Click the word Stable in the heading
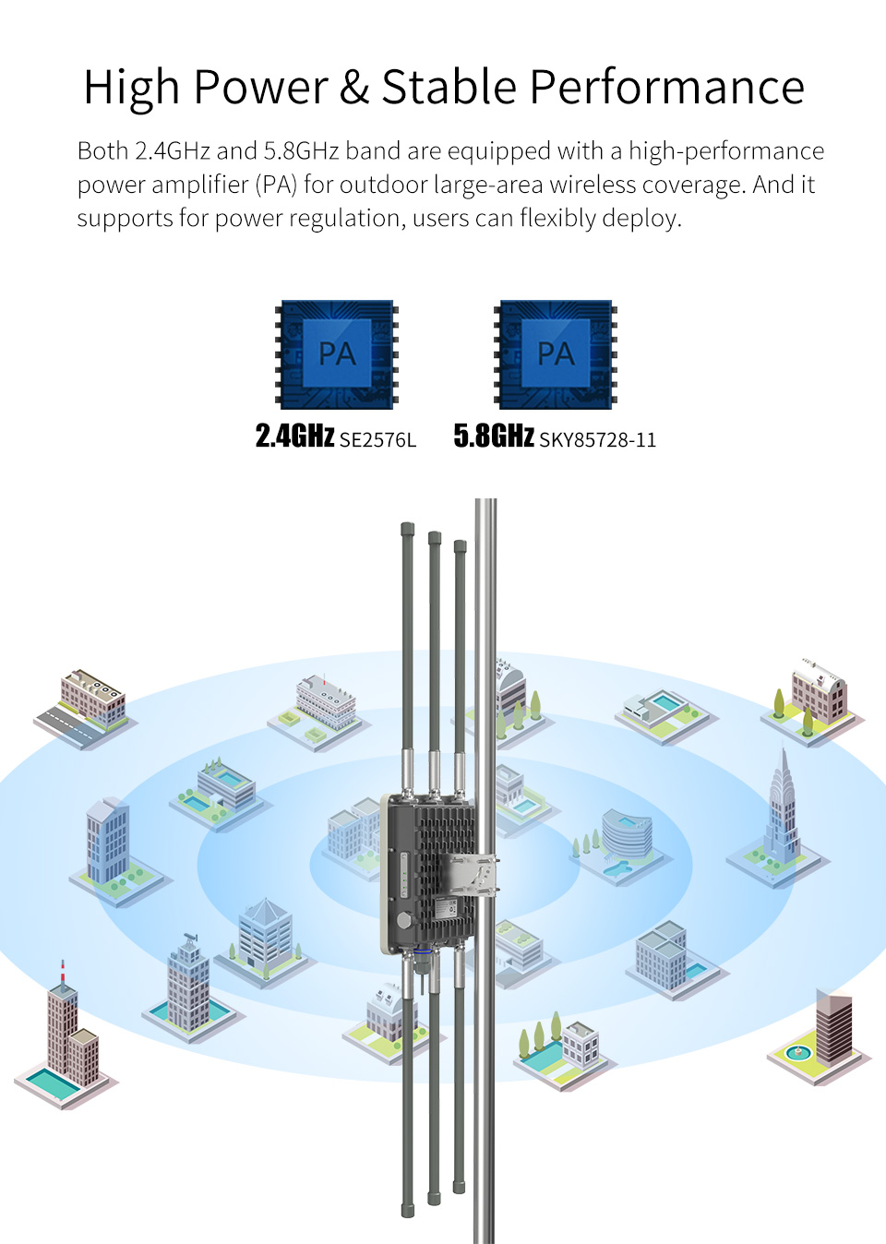[x=449, y=87]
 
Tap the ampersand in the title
[x=353, y=87]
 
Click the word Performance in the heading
[x=666, y=87]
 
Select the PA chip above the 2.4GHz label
[x=337, y=354]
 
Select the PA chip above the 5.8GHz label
[x=556, y=354]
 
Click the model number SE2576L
[x=377, y=440]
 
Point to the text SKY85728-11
[x=598, y=440]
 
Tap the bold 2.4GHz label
[x=295, y=436]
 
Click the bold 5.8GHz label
[x=494, y=436]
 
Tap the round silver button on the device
[x=404, y=921]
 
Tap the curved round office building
[x=627, y=833]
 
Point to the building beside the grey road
[x=93, y=698]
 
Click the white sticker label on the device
[x=446, y=909]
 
